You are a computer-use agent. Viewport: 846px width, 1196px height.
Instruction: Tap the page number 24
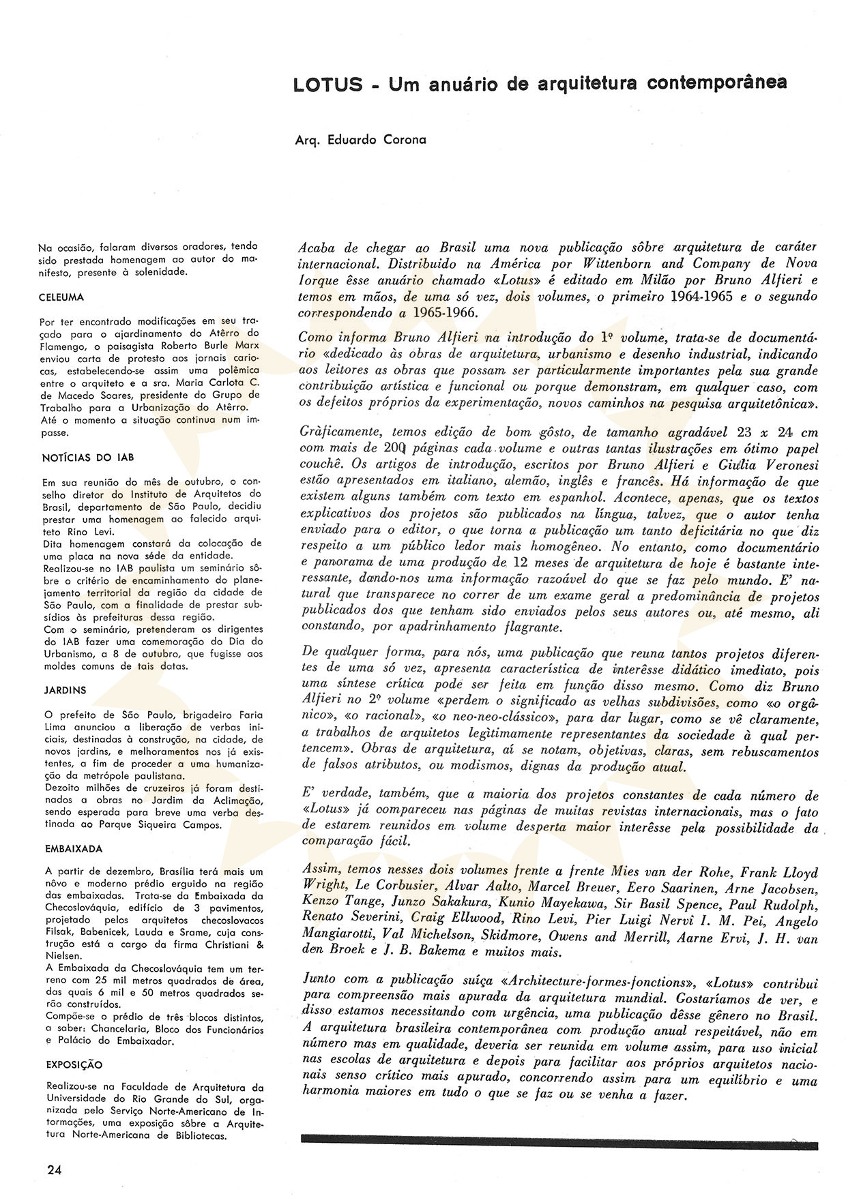click(55, 1169)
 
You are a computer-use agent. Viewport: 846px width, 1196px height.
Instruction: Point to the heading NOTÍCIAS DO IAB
click(85, 458)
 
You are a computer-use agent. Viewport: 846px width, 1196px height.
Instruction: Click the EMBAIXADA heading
click(74, 849)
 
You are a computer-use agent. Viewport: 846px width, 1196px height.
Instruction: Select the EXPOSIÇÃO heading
click(74, 1064)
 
